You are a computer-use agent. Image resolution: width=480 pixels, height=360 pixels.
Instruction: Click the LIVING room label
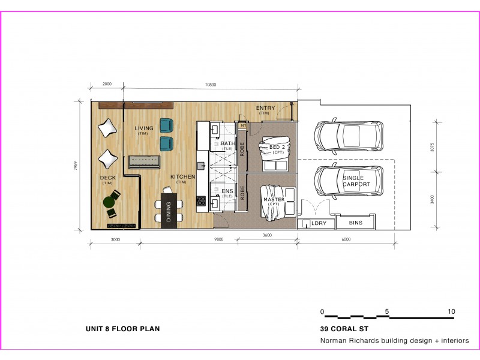143,128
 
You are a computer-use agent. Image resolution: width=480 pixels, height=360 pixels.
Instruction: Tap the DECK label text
107,178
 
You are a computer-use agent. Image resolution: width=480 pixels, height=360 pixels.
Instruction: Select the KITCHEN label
182,177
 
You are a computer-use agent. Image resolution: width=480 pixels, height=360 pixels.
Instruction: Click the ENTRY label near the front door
265,108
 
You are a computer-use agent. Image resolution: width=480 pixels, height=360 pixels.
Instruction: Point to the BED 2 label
276,148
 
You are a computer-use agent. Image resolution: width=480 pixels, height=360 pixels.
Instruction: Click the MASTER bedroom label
274,199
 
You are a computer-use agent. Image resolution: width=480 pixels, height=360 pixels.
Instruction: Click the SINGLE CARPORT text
356,181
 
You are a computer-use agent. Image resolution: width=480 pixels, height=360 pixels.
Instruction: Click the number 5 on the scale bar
388,311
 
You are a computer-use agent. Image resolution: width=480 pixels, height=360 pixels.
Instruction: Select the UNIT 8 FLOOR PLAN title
123,329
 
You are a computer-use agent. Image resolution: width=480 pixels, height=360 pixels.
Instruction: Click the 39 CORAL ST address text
345,329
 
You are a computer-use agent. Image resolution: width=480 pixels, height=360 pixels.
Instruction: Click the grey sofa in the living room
143,162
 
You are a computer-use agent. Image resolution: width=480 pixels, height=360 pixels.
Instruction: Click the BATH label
228,144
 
